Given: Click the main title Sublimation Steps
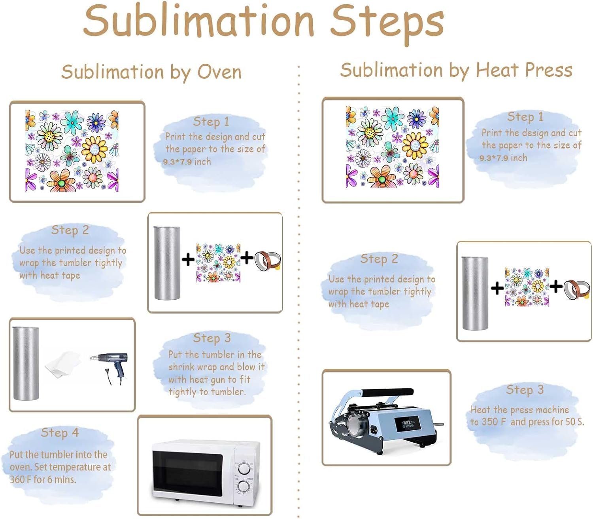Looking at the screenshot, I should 264,21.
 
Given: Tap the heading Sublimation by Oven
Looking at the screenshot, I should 151,72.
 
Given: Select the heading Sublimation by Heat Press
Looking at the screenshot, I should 456,70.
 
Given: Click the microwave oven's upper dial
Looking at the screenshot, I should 244,468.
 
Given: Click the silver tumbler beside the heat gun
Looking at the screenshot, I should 26,363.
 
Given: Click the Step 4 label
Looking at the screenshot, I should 60,433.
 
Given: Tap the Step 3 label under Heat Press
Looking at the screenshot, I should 525,390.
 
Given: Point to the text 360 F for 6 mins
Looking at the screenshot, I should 43,479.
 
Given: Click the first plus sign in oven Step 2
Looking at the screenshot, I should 188,259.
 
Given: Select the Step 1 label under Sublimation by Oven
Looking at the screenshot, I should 211,122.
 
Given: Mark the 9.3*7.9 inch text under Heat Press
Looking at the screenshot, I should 503,158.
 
